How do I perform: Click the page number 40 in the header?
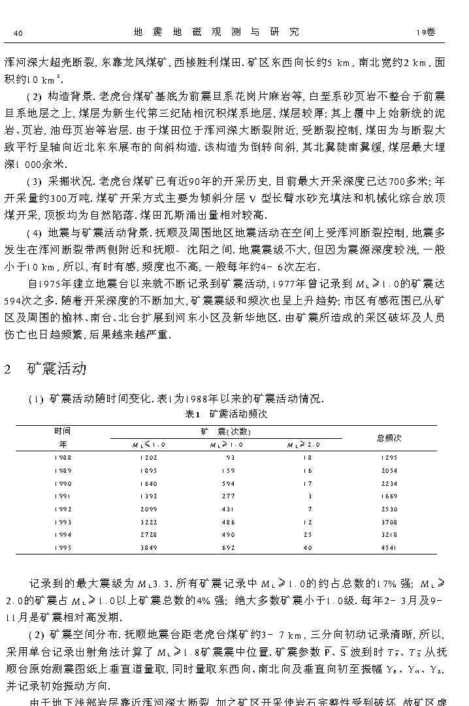pyautogui.click(x=18, y=33)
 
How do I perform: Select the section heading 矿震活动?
pyautogui.click(x=57, y=369)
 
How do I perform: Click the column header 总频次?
pyautogui.click(x=389, y=438)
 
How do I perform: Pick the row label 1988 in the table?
pyautogui.click(x=63, y=458)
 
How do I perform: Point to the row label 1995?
pyautogui.click(x=63, y=548)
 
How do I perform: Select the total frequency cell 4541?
pyautogui.click(x=389, y=548)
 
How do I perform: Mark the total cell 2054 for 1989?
pyautogui.click(x=389, y=471)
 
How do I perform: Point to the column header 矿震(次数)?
pyautogui.click(x=226, y=432)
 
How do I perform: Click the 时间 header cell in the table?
pyautogui.click(x=63, y=431)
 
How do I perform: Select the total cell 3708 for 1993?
pyautogui.click(x=389, y=522)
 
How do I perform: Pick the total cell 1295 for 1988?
pyautogui.click(x=389, y=458)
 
